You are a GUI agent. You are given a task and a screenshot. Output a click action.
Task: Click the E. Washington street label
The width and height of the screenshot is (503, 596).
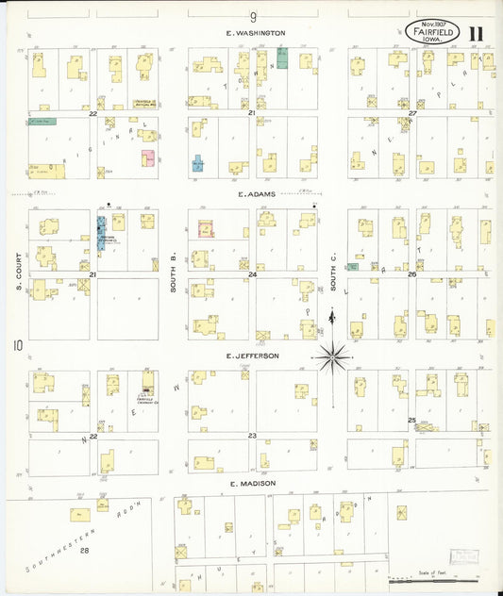click(x=255, y=33)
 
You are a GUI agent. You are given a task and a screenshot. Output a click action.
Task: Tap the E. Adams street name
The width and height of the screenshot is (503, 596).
click(x=255, y=193)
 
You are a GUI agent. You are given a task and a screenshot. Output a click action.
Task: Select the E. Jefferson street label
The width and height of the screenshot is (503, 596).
click(x=252, y=356)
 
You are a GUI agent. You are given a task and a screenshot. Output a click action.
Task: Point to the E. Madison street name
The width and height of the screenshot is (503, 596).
click(x=251, y=484)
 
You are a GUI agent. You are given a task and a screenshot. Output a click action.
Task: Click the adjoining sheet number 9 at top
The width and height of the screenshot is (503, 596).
click(x=253, y=16)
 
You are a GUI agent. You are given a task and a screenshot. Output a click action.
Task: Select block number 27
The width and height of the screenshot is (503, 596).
click(x=412, y=113)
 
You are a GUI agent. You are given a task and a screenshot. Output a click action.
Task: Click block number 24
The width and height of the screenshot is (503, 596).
click(x=253, y=274)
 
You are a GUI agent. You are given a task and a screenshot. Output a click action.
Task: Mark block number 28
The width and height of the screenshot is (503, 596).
click(x=85, y=549)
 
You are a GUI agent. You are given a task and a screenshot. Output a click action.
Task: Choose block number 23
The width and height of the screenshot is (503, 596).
click(x=252, y=435)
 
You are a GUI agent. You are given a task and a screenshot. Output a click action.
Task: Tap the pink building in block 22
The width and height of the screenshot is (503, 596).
click(x=148, y=158)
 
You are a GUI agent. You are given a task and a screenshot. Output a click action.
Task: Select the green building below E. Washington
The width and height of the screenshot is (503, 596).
click(x=281, y=58)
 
